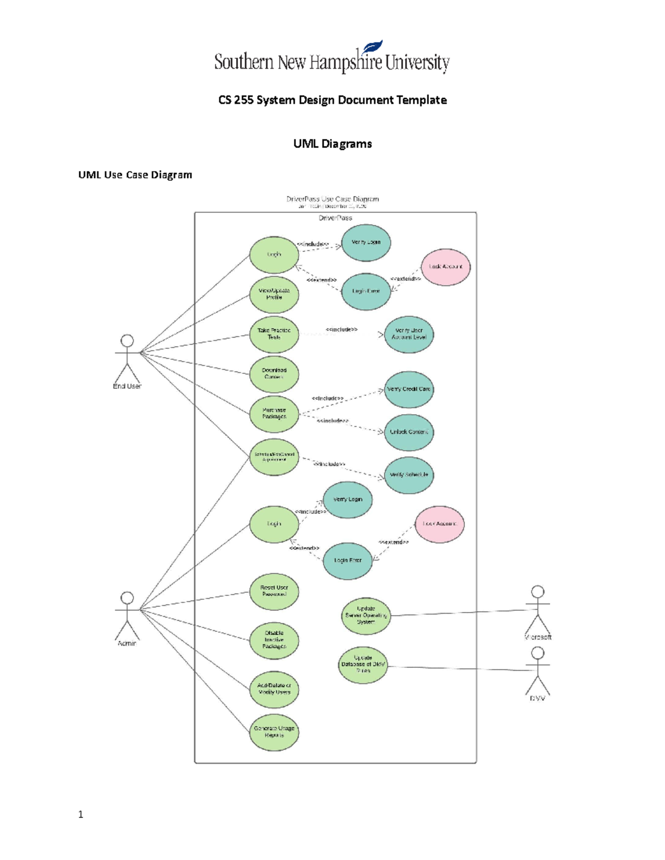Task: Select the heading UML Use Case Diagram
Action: pos(135,175)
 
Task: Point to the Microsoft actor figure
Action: pos(538,609)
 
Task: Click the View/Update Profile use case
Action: pos(274,294)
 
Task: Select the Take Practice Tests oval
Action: pos(274,334)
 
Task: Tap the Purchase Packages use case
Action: pos(274,414)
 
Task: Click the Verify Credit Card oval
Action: pos(409,389)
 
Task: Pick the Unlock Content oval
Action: pos(409,432)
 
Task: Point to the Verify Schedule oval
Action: pos(409,475)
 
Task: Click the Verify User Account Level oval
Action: pos(409,334)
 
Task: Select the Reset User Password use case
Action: pos(274,591)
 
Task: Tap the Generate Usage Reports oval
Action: pos(274,732)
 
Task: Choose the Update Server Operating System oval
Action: pos(366,615)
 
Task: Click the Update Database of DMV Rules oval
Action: pos(363,665)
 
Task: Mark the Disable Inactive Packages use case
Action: pos(274,640)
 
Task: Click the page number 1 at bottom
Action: pos(81,814)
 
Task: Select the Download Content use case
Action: pos(274,374)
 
